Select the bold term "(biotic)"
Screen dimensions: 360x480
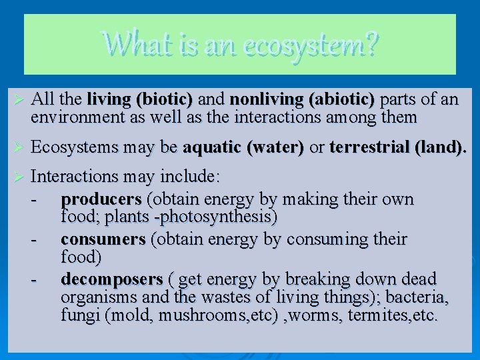point(163,100)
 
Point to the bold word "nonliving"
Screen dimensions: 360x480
point(266,100)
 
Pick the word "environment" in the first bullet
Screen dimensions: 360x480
point(72,118)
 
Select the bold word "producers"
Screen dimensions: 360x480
point(101,199)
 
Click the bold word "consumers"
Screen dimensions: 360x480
point(103,239)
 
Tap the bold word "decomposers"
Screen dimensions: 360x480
point(111,279)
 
